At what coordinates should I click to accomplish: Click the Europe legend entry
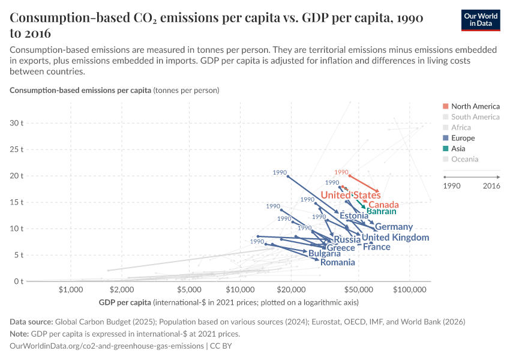463,138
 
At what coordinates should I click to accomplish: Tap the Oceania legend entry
465,159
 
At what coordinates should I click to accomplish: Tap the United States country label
350,195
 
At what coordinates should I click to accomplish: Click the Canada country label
383,205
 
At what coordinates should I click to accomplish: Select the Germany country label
394,227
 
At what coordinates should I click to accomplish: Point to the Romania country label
337,262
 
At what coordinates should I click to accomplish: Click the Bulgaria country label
325,254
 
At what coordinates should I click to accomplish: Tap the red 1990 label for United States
341,172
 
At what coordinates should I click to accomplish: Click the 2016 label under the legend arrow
490,186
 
